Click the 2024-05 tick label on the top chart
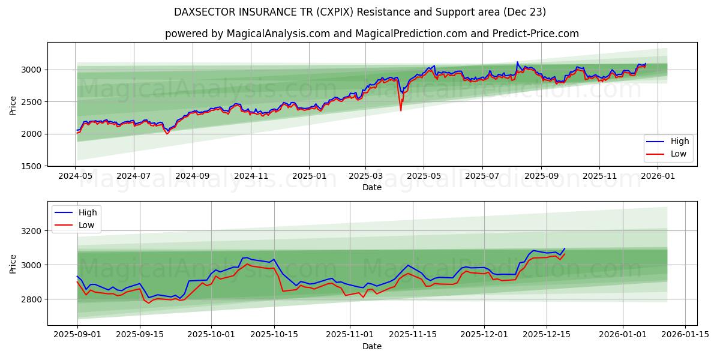tap(75, 177)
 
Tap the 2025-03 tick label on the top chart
tap(365, 177)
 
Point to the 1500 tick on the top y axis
tap(31, 166)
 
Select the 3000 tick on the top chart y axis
tap(31, 70)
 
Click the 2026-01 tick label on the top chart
tap(658, 177)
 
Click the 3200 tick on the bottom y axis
tap(31, 231)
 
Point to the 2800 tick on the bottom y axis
tap(31, 299)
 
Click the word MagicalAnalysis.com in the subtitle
tap(278, 34)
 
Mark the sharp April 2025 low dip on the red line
tap(401, 110)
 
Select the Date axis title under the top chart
tap(372, 187)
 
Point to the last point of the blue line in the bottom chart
tap(565, 248)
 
